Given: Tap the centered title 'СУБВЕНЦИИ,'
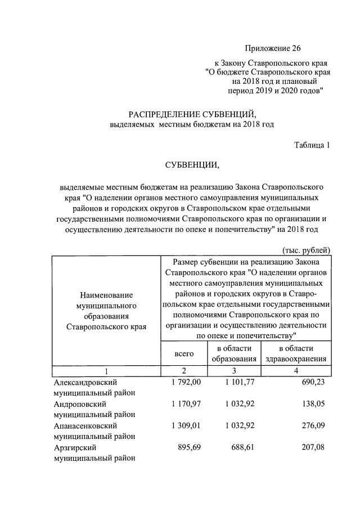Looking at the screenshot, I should click(x=191, y=165).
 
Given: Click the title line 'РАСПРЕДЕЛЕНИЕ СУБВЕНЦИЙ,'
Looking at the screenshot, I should click(x=191, y=114).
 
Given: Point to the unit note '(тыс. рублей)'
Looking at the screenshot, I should click(x=305, y=250).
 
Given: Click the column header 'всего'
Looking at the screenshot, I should click(x=183, y=353).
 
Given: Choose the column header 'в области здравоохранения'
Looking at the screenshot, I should click(x=295, y=353).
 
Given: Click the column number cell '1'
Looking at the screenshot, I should click(x=106, y=371).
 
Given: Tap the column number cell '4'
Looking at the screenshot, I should click(x=295, y=371).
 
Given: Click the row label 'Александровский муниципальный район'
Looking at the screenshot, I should click(x=94, y=388).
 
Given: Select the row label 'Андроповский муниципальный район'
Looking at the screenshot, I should click(x=94, y=409).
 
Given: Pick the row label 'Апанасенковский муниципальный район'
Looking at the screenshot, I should click(x=94, y=432).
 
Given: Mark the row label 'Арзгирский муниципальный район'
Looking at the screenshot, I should click(x=94, y=453).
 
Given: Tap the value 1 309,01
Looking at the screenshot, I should click(x=186, y=426).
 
